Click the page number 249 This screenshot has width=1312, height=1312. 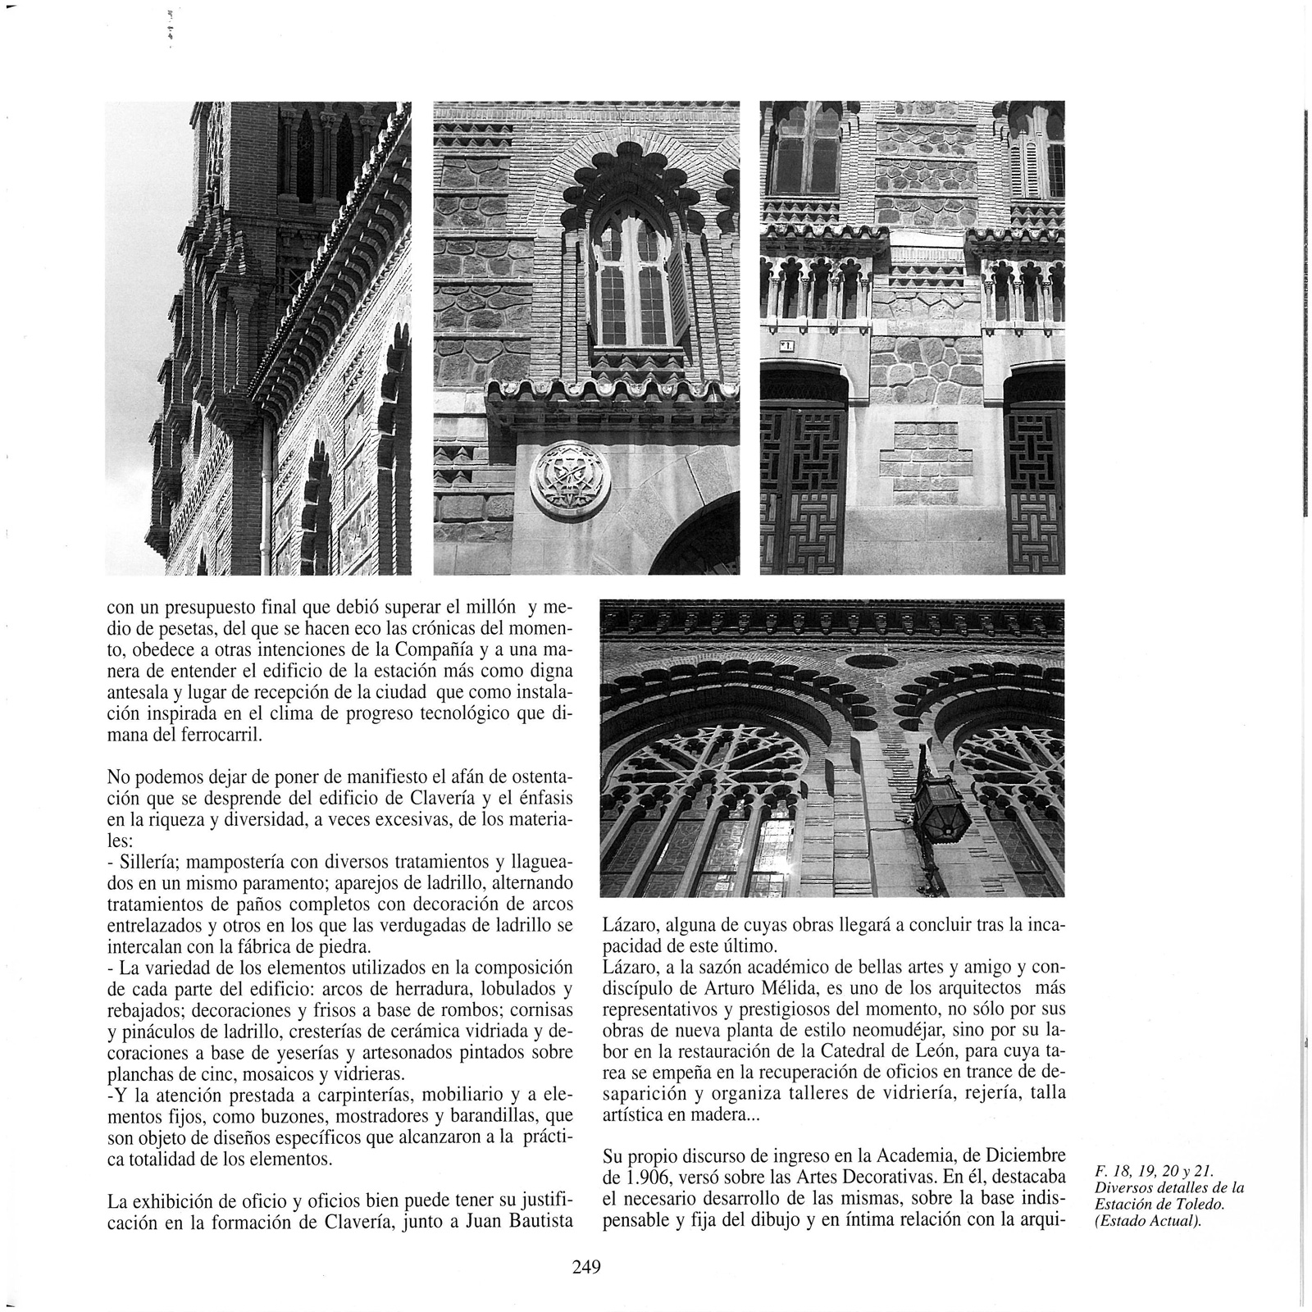[x=587, y=1267]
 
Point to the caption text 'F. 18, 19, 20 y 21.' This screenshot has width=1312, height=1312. [x=1153, y=1172]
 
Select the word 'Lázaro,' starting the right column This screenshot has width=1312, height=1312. [x=628, y=925]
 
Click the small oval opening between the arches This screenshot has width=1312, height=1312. [x=872, y=662]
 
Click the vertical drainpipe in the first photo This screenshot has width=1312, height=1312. [x=266, y=492]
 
